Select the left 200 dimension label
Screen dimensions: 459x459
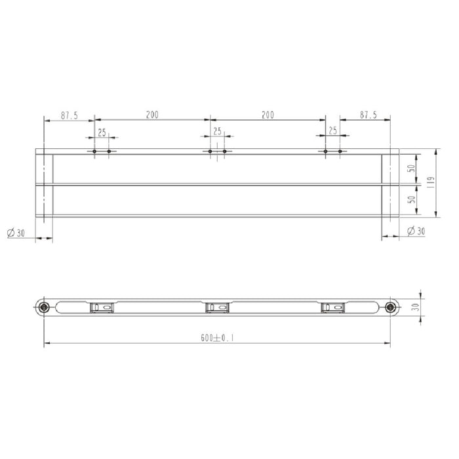pos(152,115)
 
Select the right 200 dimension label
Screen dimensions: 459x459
pos(268,115)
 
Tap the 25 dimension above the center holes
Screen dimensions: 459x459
pos(217,131)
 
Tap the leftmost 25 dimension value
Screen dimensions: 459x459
pos(102,132)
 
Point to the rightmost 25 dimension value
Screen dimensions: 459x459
pos(332,131)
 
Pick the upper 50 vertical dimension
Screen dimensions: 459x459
pos(410,169)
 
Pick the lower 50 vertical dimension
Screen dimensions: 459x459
pos(410,200)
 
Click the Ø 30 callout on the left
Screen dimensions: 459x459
pos(16,233)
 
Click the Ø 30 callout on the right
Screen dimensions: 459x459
pos(416,231)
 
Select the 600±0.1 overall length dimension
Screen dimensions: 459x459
pos(218,338)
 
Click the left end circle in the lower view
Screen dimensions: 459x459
pos(44,307)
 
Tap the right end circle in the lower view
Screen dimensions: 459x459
pos(391,307)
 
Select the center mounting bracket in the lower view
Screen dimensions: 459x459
pos(217,307)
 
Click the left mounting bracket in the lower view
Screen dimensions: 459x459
pos(102,307)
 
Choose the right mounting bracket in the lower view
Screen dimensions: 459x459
pos(332,307)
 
